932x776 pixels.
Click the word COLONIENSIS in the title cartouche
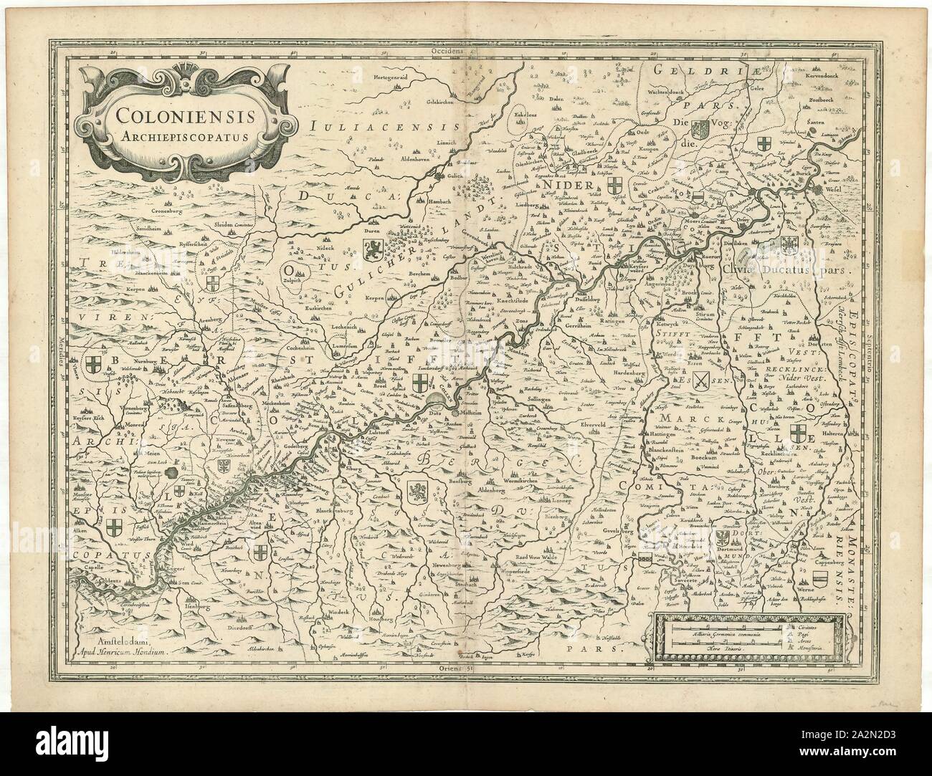(x=189, y=114)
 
